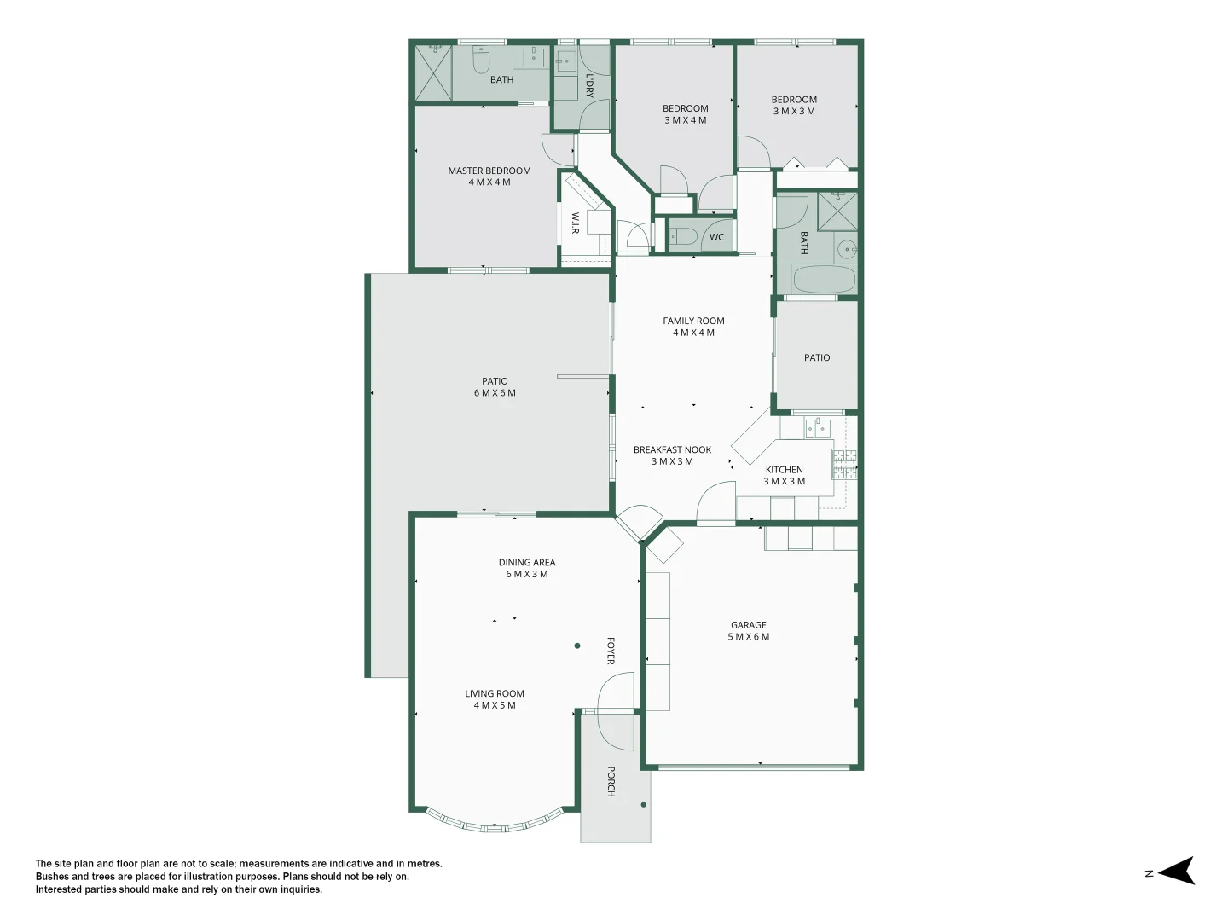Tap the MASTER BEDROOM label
pos(489,171)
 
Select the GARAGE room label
pos(748,624)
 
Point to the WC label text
pos(716,237)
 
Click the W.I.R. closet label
pos(575,223)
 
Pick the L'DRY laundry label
pos(589,85)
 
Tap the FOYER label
pos(611,651)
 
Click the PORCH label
pos(611,781)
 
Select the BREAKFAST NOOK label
pos(672,449)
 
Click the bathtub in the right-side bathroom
pos(825,279)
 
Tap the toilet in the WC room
pos(683,237)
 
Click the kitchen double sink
pos(817,429)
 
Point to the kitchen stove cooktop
pos(844,464)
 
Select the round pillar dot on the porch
pos(643,805)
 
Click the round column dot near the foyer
pos(577,646)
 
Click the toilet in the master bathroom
pos(481,60)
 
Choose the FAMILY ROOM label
pos(693,321)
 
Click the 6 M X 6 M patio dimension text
pos(495,392)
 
